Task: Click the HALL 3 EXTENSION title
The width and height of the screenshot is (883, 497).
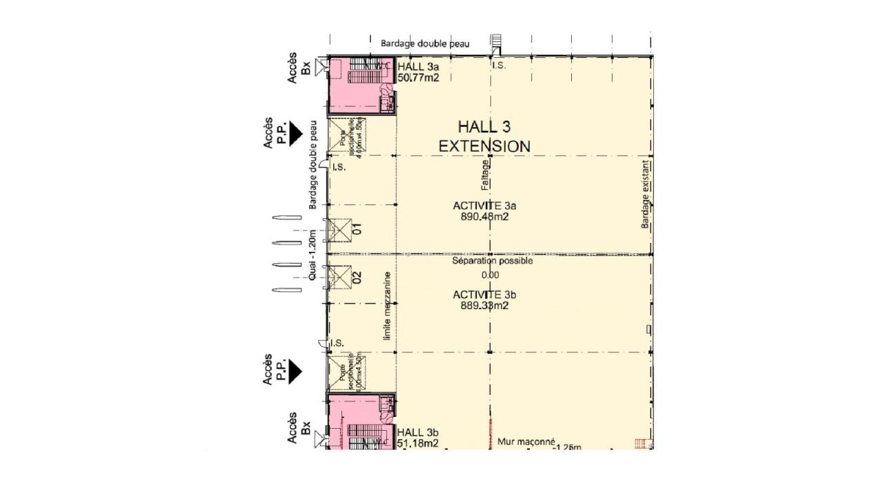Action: [484, 136]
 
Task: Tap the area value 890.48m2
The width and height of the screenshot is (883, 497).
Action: [484, 217]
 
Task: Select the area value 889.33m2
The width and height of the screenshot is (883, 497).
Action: [484, 305]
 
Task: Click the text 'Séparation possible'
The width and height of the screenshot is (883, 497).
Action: [492, 261]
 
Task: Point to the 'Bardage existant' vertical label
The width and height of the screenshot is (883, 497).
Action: [646, 195]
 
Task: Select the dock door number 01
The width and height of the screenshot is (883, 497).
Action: [357, 229]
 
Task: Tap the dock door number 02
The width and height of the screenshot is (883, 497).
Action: [357, 278]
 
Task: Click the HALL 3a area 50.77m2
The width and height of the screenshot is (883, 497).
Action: [418, 78]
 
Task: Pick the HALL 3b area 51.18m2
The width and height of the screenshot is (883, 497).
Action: [418, 444]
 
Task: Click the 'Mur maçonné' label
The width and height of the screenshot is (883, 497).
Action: [526, 441]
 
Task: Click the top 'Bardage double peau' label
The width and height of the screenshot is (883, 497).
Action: [425, 43]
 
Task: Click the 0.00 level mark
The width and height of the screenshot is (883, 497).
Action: [490, 275]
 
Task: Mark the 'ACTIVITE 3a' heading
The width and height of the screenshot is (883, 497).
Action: [484, 206]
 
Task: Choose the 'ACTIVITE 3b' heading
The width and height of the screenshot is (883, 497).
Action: [484, 295]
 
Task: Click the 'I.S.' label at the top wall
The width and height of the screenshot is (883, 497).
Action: [498, 66]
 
